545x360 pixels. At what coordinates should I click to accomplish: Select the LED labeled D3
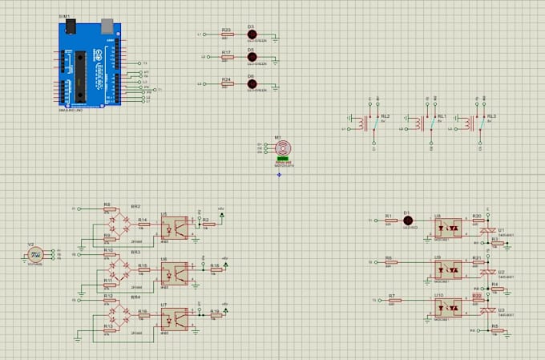tap(251, 35)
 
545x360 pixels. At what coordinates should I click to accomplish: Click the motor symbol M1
tap(282, 148)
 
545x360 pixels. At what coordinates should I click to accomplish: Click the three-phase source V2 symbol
tap(35, 255)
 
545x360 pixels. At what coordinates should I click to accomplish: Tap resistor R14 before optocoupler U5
tap(143, 224)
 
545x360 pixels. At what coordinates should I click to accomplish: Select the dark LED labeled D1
tap(407, 220)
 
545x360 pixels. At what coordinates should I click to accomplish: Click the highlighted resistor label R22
tap(477, 295)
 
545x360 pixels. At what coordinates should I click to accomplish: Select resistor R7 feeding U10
tap(392, 301)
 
